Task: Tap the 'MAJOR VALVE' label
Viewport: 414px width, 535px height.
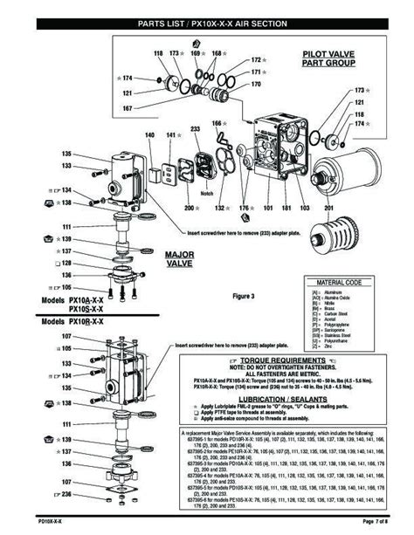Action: point(178,258)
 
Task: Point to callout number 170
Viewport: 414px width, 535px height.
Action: point(256,85)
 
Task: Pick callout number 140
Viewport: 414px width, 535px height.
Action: point(149,134)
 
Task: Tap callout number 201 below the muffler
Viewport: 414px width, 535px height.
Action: point(328,209)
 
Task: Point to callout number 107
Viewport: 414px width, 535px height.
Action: point(91,336)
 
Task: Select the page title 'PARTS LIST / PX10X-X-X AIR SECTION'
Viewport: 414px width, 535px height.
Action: point(206,24)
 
